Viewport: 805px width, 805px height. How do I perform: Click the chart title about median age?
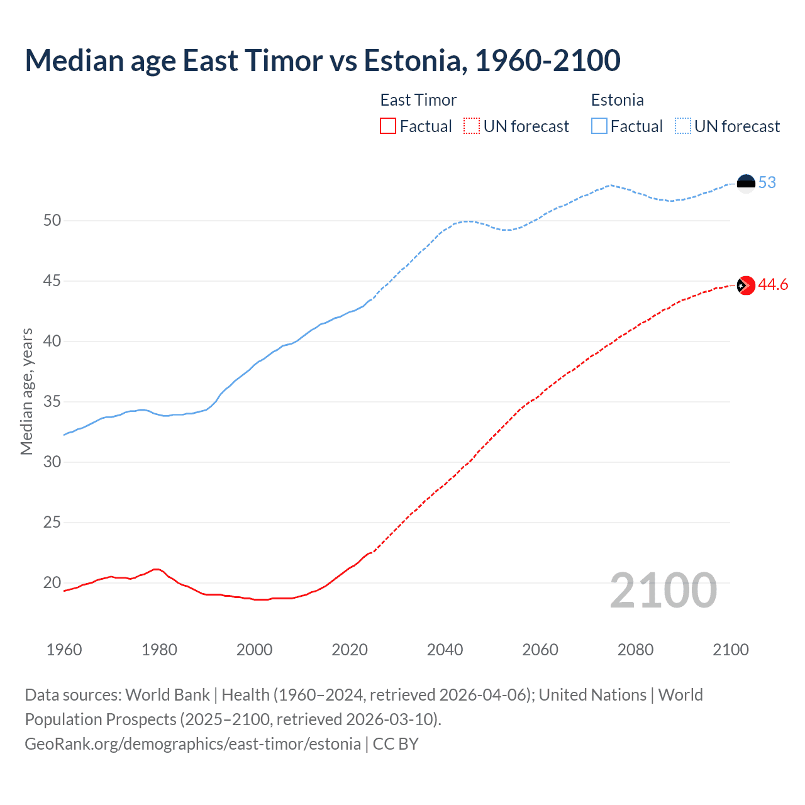[x=323, y=60]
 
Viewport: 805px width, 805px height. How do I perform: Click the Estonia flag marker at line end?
[x=746, y=183]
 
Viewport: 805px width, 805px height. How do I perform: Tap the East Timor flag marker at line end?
[x=746, y=286]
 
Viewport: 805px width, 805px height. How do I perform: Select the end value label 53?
[x=767, y=183]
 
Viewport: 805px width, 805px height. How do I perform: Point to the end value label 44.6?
[x=773, y=285]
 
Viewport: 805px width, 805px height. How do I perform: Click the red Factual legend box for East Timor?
[x=388, y=126]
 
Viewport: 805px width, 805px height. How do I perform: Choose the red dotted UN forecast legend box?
[x=472, y=126]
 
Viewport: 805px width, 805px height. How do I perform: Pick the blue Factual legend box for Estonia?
[x=599, y=126]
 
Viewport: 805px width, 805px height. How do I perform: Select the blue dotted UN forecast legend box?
[x=683, y=126]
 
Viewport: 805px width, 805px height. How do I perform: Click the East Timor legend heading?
[x=418, y=100]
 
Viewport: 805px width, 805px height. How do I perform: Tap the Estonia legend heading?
[x=617, y=100]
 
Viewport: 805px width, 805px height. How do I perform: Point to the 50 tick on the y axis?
[x=52, y=221]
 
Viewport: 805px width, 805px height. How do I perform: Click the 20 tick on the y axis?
[x=52, y=583]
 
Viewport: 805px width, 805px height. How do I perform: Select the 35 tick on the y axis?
[x=52, y=402]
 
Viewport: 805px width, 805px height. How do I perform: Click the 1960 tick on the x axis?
[x=64, y=650]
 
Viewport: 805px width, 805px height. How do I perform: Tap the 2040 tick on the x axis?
[x=445, y=650]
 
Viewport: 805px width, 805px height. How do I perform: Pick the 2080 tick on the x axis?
[x=635, y=650]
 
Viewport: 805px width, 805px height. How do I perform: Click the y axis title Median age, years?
[x=26, y=391]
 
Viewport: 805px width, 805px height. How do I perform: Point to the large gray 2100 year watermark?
[x=663, y=591]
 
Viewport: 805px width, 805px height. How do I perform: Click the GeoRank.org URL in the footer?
[x=192, y=744]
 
